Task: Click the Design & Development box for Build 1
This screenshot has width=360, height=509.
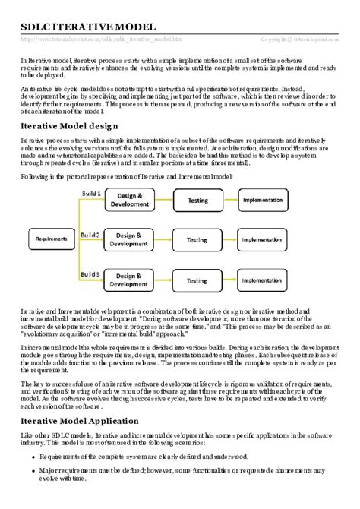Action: point(128,200)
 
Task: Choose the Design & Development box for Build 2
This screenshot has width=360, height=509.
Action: point(128,240)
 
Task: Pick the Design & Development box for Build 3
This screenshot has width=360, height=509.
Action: point(128,281)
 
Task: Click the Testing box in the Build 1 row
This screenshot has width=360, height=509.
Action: point(196,200)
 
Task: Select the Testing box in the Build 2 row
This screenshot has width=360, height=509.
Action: point(196,240)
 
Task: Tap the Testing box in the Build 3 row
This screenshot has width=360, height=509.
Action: point(196,281)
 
